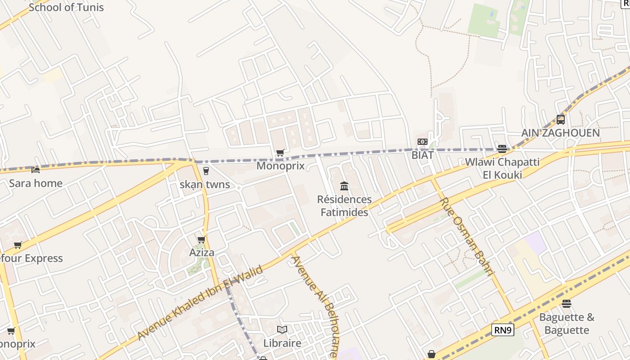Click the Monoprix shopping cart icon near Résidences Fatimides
tap(280, 153)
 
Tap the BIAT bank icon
tap(422, 142)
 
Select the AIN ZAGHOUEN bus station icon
tap(560, 120)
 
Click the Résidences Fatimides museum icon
tap(344, 186)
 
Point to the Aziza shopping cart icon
tap(202, 239)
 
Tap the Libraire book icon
tap(282, 330)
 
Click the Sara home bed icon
tap(36, 170)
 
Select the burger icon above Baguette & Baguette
tap(567, 304)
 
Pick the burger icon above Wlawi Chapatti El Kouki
tap(502, 149)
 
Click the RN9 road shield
tap(503, 330)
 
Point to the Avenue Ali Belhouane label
tap(315, 306)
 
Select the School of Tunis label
tap(66, 7)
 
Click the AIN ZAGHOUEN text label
tap(560, 133)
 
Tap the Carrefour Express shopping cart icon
tap(18, 245)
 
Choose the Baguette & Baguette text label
tap(567, 324)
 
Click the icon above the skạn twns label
tap(206, 171)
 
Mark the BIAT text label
tap(423, 155)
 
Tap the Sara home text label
tap(36, 183)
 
